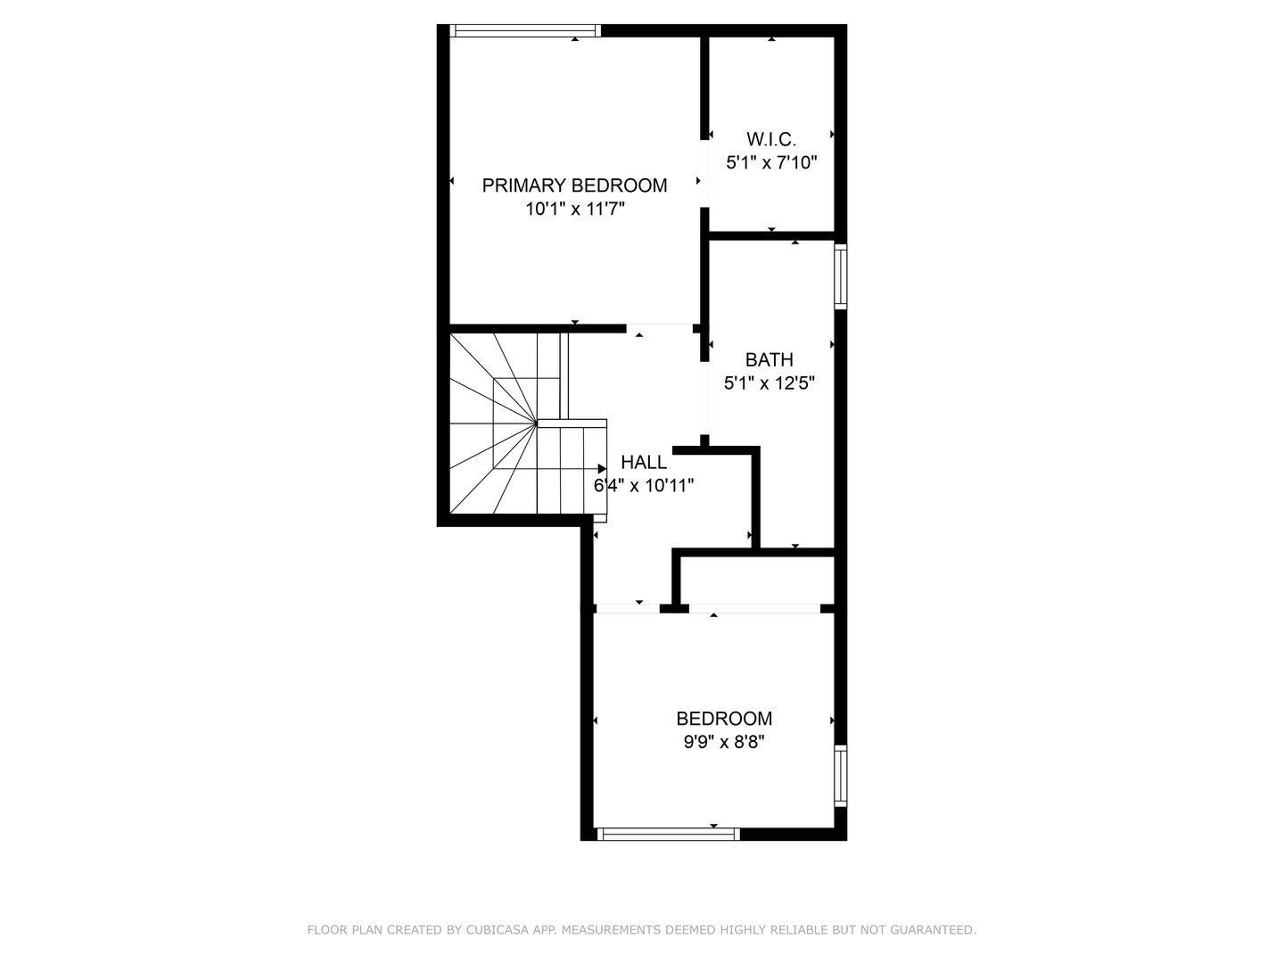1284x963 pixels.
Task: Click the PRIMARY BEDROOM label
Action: (574, 185)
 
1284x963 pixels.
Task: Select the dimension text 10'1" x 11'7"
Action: (574, 210)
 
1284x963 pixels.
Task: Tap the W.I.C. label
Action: (771, 139)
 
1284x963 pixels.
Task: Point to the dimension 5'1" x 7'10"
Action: (771, 163)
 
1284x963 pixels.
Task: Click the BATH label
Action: (769, 360)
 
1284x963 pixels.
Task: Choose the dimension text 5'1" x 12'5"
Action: (769, 384)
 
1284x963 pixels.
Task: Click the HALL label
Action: (643, 462)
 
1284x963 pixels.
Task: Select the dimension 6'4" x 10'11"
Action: (643, 486)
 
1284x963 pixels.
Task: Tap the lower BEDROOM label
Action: (723, 719)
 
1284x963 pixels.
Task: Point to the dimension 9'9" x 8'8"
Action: (723, 742)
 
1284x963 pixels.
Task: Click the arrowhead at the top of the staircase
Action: (602, 468)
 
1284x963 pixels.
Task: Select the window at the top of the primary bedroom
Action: (525, 31)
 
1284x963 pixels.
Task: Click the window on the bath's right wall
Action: (840, 276)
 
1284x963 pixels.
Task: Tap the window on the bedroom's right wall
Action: (840, 775)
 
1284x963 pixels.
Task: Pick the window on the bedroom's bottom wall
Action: (668, 835)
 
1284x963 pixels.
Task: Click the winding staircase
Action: (499, 424)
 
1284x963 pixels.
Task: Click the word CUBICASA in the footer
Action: (500, 930)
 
